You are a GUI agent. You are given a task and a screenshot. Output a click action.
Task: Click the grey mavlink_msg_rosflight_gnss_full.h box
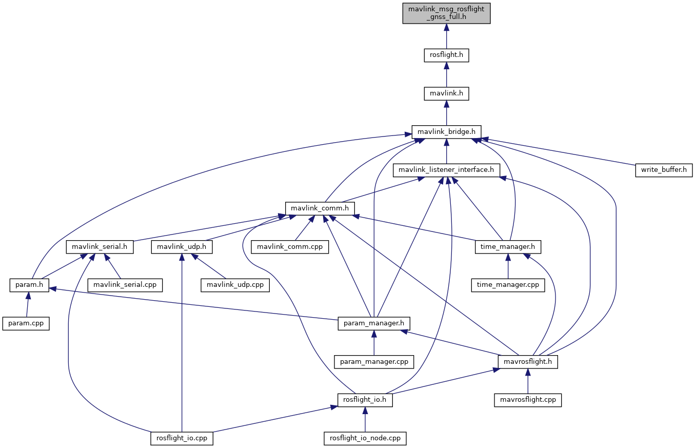click(x=446, y=13)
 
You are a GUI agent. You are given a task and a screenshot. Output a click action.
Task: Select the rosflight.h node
click(x=446, y=55)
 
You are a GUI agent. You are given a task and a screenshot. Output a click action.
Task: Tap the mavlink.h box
click(x=446, y=93)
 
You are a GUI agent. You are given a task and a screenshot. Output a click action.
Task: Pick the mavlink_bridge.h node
click(x=446, y=132)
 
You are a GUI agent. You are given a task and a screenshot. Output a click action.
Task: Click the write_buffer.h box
click(x=664, y=170)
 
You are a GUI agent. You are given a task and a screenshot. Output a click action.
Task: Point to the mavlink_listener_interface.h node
click(x=446, y=170)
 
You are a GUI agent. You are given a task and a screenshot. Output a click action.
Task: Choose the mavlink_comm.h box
click(x=320, y=209)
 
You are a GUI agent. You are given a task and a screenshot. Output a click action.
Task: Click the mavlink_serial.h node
click(x=100, y=247)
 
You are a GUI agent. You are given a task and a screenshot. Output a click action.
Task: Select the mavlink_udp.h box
click(x=182, y=247)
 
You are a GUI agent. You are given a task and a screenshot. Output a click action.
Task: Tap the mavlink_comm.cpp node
click(x=290, y=247)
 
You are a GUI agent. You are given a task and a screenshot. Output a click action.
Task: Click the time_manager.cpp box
click(x=508, y=285)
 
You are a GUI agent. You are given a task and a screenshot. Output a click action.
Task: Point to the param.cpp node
click(x=26, y=323)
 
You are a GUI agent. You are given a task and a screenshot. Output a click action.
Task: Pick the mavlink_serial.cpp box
click(x=125, y=285)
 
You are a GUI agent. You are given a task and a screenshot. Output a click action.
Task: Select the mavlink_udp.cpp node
click(x=235, y=285)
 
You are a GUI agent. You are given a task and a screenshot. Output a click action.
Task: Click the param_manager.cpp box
click(x=374, y=362)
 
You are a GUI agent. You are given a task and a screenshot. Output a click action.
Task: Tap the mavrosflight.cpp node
click(x=528, y=400)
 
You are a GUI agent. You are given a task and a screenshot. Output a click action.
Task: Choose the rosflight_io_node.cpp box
click(x=365, y=438)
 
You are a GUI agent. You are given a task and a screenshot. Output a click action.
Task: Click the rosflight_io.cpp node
click(x=182, y=438)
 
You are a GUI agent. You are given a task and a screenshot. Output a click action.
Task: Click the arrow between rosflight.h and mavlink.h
click(x=446, y=74)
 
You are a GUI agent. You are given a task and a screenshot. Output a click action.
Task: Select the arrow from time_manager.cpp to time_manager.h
click(x=508, y=266)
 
